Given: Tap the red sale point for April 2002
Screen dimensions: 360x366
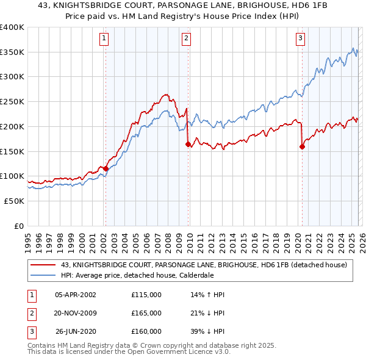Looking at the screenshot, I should (106, 168).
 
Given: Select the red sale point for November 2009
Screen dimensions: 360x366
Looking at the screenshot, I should (188, 144).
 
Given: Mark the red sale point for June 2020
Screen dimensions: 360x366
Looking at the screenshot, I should (302, 146).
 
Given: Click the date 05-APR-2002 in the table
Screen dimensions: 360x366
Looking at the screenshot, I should (75, 295).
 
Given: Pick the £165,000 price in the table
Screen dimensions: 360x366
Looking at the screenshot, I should (146, 313).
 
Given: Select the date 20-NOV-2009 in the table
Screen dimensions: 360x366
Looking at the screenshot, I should (75, 313).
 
